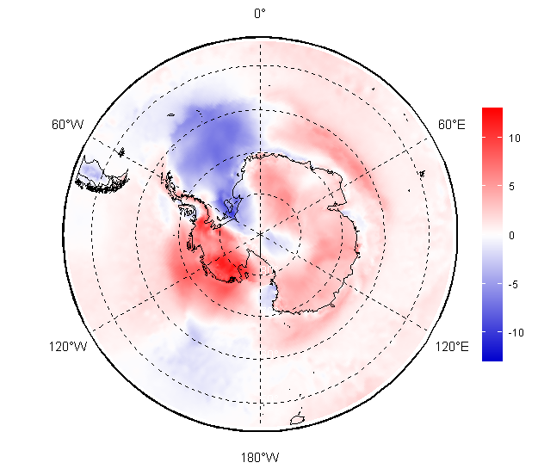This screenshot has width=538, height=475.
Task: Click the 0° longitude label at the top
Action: (x=260, y=14)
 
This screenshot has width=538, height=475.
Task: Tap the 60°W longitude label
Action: (x=68, y=124)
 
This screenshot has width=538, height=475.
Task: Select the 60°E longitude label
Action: (x=452, y=124)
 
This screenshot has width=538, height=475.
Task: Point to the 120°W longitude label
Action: (x=68, y=347)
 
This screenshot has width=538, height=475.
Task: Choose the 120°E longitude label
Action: (x=452, y=347)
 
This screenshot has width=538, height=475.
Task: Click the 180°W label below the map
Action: (x=260, y=458)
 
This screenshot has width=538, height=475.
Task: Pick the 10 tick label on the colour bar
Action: (x=514, y=139)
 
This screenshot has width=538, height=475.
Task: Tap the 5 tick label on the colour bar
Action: (x=511, y=187)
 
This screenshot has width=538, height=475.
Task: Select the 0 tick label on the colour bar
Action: (x=511, y=235)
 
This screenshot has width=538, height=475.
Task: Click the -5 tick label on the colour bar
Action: (x=514, y=284)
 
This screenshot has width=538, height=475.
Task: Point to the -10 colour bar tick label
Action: (x=516, y=332)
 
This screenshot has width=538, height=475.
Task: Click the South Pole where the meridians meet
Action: (x=260, y=233)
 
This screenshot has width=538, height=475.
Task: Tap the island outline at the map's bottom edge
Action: (x=298, y=420)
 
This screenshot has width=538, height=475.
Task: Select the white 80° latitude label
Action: (x=267, y=270)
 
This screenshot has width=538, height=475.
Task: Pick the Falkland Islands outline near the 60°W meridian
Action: (x=121, y=151)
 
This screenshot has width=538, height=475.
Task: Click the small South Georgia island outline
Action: (x=171, y=115)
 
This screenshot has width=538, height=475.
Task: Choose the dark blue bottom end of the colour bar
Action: (x=492, y=355)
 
